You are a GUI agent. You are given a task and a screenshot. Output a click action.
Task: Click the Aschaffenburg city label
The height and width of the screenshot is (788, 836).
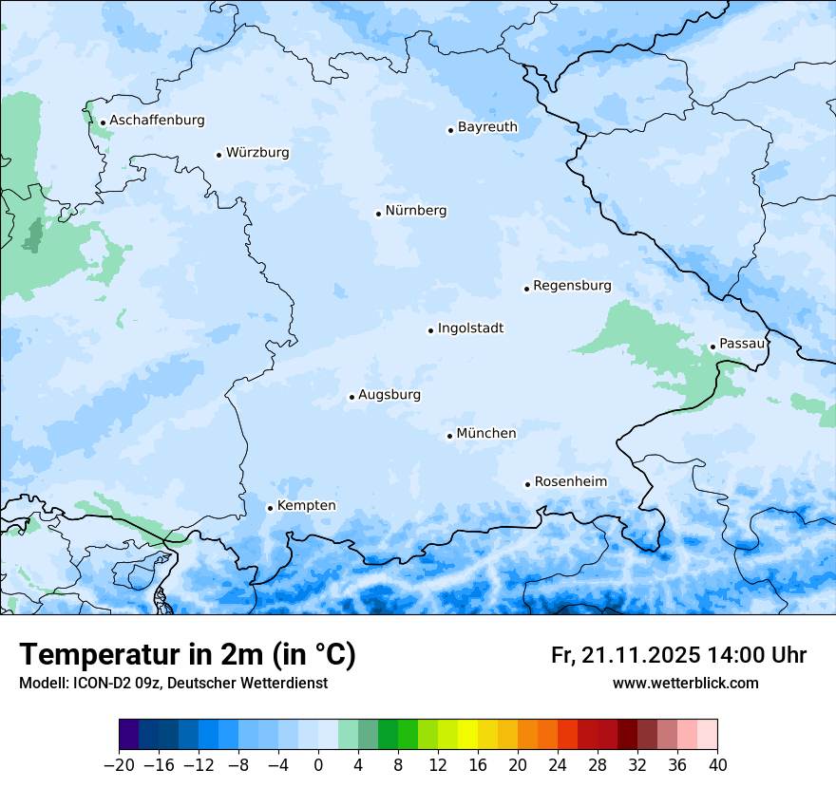pos(157,121)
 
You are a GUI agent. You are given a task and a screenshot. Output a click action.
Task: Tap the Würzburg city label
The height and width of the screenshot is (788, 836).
pos(257,153)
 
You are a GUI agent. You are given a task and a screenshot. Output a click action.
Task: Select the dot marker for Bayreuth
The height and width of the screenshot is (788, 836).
pos(450,130)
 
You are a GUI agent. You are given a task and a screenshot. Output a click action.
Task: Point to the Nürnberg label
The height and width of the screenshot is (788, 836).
pos(415,211)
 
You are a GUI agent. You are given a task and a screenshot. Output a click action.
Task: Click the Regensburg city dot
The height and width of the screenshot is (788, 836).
pos(526,289)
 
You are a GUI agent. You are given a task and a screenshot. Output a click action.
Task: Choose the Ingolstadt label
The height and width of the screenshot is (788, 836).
pos(470,328)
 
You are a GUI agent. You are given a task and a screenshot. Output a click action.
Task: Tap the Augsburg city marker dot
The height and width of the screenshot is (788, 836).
pos(351,397)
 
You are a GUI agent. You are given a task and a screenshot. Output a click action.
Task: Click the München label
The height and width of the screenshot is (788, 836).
pos(486,434)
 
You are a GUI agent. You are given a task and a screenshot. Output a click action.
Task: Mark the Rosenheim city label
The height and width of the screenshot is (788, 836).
pos(570,482)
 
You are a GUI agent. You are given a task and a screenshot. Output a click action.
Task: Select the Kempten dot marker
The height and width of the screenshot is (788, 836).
pos(270,508)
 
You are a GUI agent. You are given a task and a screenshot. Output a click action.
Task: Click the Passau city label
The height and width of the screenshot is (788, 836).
pos(742,344)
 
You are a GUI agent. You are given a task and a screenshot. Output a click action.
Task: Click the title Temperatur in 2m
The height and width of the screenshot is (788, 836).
pos(187,654)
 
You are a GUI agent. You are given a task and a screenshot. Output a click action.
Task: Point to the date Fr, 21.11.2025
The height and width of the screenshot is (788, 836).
pos(625,655)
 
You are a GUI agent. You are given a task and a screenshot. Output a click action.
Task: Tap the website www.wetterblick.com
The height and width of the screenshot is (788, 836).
pos(685,683)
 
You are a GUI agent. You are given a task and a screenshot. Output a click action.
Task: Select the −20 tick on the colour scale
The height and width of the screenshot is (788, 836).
pos(119,764)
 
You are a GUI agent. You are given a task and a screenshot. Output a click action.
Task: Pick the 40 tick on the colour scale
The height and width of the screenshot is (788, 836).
pos(717,764)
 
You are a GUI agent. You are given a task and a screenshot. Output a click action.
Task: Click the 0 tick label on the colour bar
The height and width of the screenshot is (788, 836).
pos(318,764)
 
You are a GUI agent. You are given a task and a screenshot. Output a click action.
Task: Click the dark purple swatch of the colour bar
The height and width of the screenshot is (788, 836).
pos(129,735)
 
